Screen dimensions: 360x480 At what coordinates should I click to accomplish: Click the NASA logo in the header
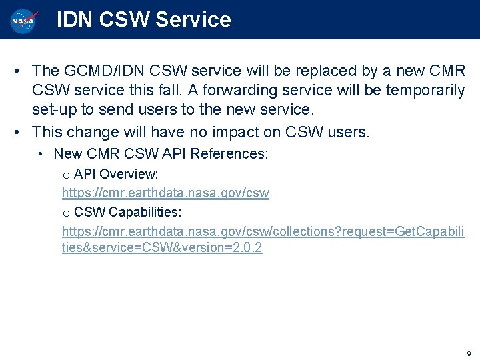(x=25, y=20)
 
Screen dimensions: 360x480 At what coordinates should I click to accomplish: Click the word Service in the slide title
(x=193, y=20)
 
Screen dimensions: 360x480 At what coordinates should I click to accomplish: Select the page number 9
(x=469, y=353)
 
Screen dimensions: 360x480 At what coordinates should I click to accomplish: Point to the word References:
(x=229, y=154)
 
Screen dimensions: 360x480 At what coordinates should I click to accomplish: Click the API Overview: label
(x=116, y=174)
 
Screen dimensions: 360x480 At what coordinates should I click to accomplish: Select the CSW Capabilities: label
(x=127, y=212)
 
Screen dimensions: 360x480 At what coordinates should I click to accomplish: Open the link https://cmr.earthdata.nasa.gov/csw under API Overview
(x=165, y=193)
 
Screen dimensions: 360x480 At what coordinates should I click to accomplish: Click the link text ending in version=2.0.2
(x=162, y=249)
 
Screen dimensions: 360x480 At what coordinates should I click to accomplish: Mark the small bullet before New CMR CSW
(x=41, y=154)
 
